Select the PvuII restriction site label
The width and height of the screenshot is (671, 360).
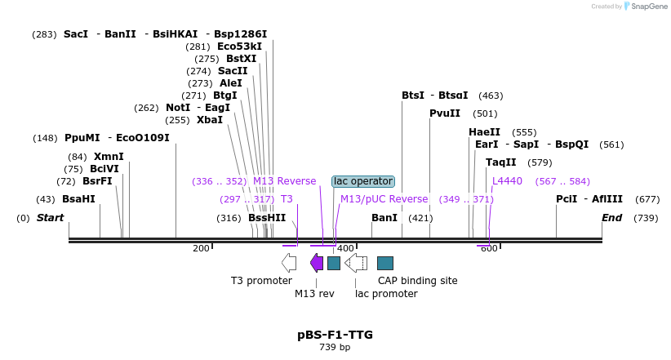pos(445,113)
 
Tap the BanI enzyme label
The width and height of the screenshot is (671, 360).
pos(384,218)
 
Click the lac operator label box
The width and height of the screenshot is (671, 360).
pos(362,181)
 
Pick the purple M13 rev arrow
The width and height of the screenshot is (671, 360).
pos(317,262)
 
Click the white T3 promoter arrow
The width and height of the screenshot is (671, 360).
pos(289,262)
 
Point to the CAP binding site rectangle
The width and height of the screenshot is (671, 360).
pos(385,263)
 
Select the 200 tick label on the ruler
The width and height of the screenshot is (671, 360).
pos(201,248)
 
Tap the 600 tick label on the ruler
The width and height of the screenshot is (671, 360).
pos(489,248)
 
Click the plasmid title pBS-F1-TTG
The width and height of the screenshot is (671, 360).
pos(335,335)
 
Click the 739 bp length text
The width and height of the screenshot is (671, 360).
pos(335,348)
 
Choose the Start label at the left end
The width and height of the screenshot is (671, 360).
pos(50,218)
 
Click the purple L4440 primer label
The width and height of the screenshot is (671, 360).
pos(507,181)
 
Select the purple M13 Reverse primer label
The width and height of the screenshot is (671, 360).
pos(284,181)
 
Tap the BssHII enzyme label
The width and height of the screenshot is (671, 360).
pos(267,218)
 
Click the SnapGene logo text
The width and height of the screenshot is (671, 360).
pos(650,7)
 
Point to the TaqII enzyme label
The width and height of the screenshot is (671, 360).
pos(501,162)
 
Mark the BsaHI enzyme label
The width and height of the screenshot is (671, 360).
pos(78,199)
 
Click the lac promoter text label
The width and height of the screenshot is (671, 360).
pos(386,294)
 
